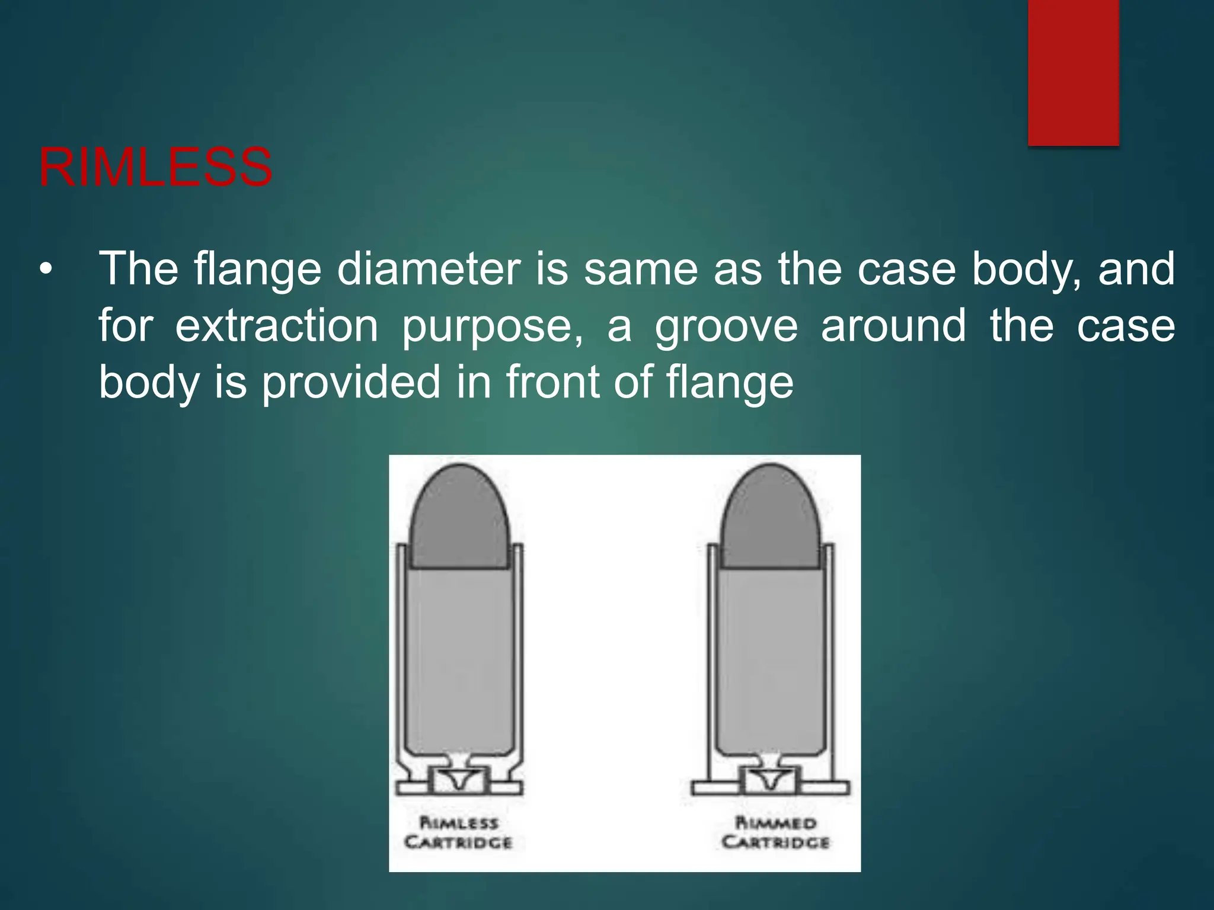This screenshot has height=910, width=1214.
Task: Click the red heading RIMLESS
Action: tap(155, 168)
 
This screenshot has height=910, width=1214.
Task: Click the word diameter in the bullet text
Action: tap(429, 270)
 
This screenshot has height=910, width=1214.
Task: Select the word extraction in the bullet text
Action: tap(277, 326)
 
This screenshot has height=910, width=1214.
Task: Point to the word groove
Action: tap(726, 327)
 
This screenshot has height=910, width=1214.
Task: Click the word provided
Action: tap(352, 382)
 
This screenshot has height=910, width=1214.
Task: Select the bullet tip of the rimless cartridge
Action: tap(460, 474)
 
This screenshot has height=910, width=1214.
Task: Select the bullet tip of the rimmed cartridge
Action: tap(771, 474)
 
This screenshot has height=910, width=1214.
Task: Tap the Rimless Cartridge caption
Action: tap(459, 832)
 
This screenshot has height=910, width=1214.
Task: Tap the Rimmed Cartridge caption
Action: tap(775, 832)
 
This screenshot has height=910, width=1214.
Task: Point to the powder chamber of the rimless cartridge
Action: tap(460, 658)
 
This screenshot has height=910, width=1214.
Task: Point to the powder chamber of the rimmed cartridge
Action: tap(771, 658)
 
